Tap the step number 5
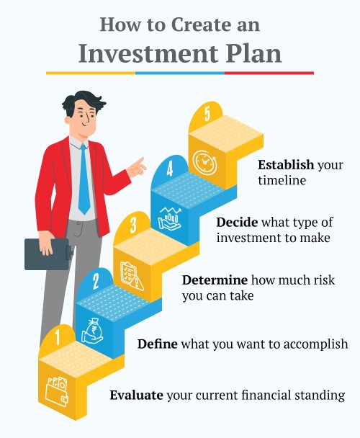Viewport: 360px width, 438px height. (x=207, y=115)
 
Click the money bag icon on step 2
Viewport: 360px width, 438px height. (x=94, y=328)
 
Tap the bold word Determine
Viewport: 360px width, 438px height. (x=215, y=280)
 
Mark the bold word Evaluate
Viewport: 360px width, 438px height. (x=136, y=395)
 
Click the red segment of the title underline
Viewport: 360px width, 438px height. (x=269, y=73)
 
